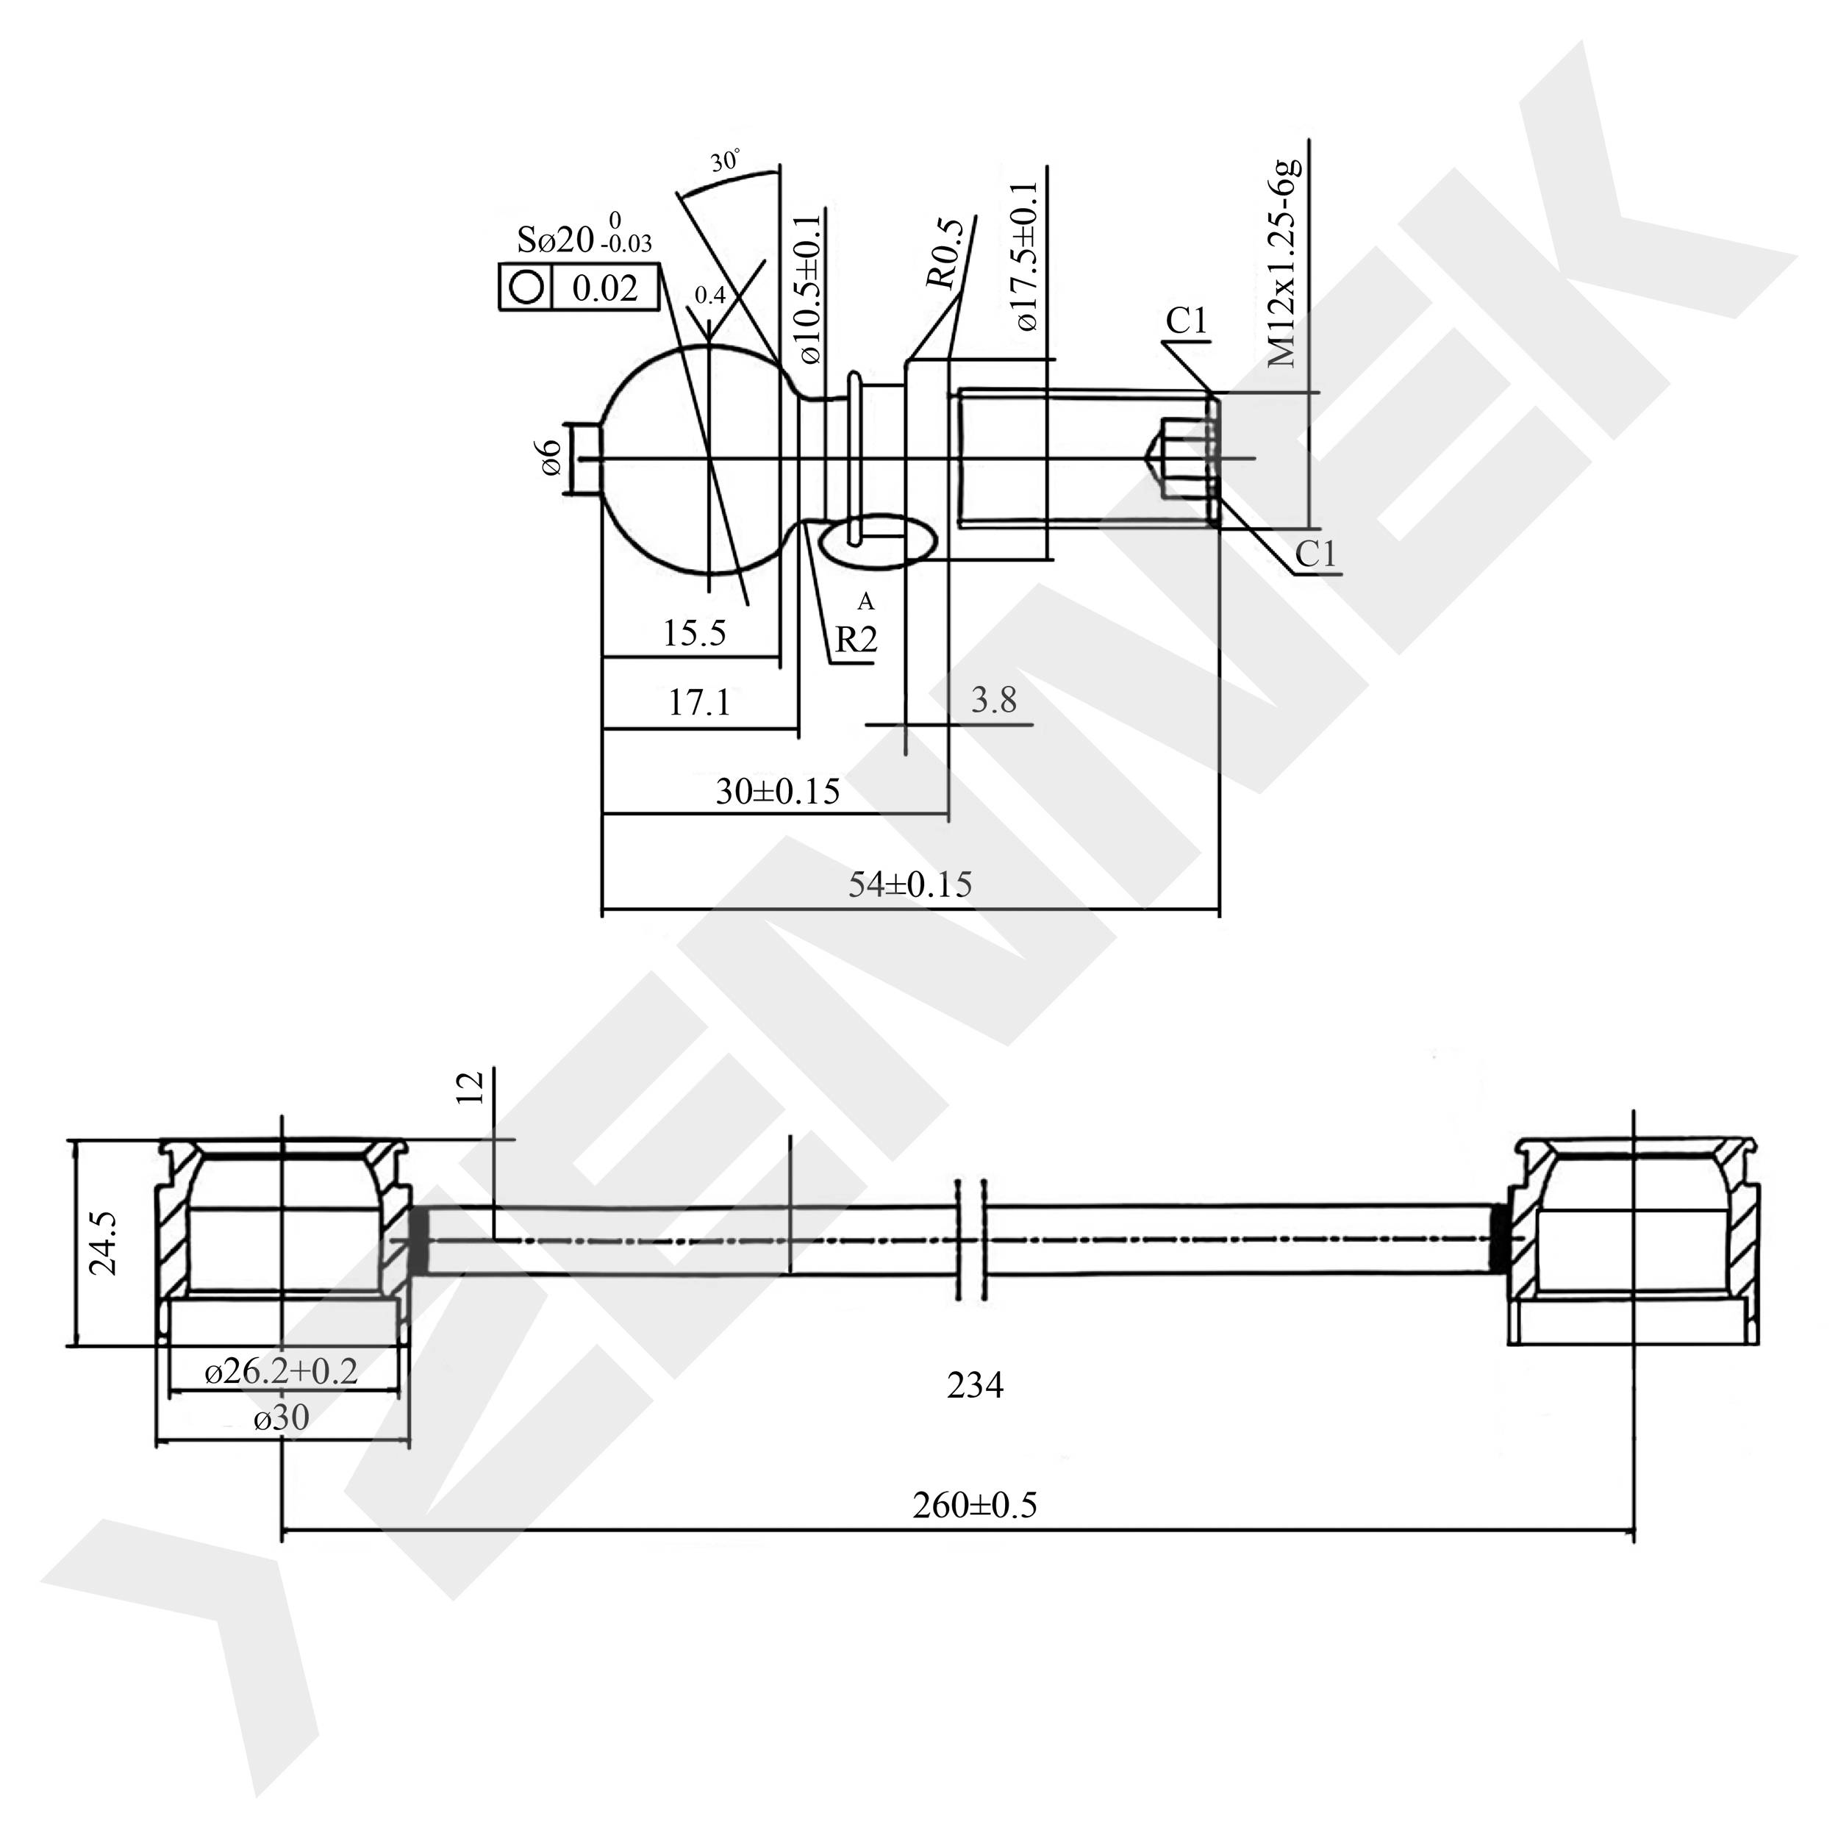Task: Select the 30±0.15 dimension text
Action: pos(777,792)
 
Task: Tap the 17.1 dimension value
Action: pos(699,703)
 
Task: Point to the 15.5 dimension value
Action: pos(695,634)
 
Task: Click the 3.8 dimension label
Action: pos(994,701)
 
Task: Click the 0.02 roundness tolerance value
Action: pos(605,287)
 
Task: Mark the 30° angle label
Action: pos(725,161)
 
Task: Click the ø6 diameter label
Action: pos(550,459)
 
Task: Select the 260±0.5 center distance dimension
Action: pos(974,1506)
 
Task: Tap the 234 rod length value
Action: pos(975,1386)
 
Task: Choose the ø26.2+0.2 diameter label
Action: pos(282,1371)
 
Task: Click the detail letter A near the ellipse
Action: pos(866,601)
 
